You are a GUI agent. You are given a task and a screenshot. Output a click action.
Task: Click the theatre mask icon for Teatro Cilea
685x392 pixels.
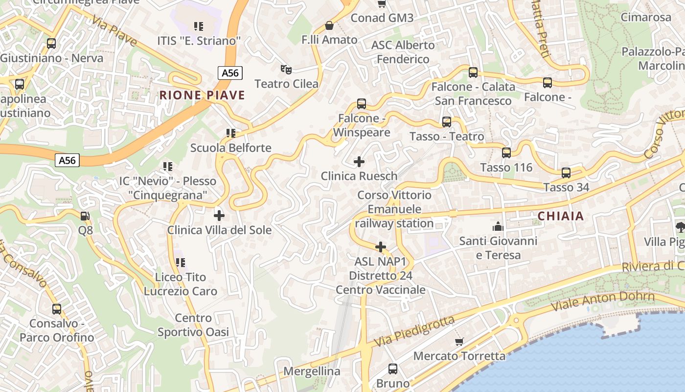(286, 70)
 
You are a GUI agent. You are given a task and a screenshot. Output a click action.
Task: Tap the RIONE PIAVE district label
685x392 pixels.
(202, 95)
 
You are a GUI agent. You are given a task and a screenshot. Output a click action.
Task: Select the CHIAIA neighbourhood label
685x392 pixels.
(561, 216)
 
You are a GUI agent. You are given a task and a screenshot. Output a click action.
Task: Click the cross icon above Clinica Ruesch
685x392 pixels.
(359, 161)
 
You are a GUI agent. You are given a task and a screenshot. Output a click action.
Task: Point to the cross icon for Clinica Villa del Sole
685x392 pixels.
(219, 215)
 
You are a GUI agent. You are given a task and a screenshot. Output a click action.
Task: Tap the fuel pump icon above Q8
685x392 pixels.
(85, 216)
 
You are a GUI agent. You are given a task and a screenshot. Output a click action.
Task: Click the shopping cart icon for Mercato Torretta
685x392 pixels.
(459, 342)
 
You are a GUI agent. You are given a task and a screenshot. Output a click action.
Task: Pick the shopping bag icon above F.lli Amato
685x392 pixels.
(329, 25)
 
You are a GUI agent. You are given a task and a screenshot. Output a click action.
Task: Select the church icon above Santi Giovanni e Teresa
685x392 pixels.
(498, 226)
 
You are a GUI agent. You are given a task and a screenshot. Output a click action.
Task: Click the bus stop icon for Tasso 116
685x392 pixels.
(506, 153)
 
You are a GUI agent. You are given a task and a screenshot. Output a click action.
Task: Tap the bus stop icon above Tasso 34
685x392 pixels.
(566, 173)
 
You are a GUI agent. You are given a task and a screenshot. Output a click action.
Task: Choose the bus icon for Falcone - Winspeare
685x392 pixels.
(362, 104)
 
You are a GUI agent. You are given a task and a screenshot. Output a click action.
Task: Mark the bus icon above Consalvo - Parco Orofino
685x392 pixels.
(57, 309)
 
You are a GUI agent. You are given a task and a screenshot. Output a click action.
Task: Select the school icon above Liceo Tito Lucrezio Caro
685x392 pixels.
(181, 263)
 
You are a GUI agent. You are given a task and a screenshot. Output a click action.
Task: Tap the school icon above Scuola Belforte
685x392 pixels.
(231, 133)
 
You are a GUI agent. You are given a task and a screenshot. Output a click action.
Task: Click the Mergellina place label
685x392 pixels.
(312, 371)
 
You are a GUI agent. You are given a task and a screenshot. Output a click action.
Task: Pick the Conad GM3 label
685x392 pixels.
(382, 18)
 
